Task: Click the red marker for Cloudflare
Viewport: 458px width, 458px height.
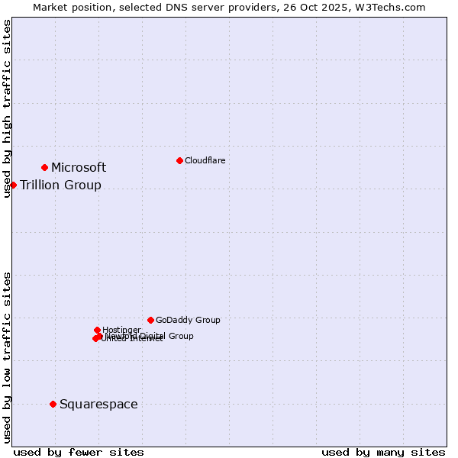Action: coord(179,160)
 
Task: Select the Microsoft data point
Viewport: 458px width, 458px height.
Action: coord(45,167)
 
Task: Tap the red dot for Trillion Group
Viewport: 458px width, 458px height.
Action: coord(13,185)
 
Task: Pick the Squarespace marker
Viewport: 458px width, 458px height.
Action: coord(53,404)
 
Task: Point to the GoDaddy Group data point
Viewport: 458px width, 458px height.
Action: coord(150,320)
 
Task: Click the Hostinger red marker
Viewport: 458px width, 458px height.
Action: coord(97,330)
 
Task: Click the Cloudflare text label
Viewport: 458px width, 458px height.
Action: coord(205,160)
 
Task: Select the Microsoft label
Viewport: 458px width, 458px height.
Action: coord(79,168)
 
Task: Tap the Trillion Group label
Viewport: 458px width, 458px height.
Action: coord(60,185)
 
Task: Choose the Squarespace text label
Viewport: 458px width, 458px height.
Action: coord(98,405)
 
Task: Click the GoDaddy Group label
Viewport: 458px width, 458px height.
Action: coord(188,321)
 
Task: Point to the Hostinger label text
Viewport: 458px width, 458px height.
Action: coord(121,330)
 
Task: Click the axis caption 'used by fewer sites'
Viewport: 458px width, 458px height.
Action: coord(79,452)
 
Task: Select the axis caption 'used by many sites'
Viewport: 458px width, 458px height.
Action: coord(383,452)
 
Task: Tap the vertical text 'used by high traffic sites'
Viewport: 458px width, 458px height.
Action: coord(7,108)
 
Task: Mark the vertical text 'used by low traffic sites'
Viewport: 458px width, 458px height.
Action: coord(7,357)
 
